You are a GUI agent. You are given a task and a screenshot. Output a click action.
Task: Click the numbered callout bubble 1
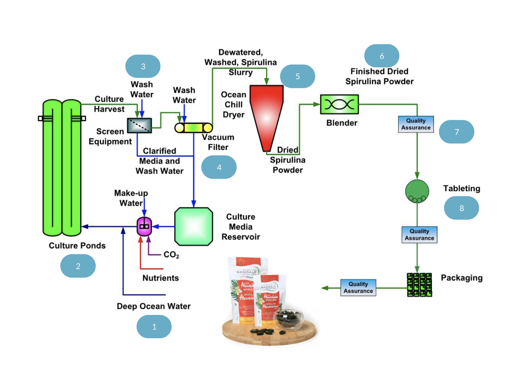click(154, 327)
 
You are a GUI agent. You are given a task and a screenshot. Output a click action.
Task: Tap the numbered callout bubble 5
click(298, 76)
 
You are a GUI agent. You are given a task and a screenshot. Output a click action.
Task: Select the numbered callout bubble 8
click(462, 208)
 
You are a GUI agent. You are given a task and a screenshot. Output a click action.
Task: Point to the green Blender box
click(339, 104)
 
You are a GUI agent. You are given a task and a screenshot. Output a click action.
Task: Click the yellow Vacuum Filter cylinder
click(194, 128)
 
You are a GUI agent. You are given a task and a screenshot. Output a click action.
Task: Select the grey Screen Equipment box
click(139, 125)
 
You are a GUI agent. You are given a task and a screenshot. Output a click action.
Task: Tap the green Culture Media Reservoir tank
click(194, 227)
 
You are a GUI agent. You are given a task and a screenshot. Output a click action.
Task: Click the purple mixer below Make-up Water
click(144, 226)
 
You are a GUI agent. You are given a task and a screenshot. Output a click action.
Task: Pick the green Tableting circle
click(417, 191)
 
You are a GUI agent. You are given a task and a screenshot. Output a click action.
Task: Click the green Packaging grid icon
click(419, 285)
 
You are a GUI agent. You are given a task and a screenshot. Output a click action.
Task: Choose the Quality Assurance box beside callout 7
click(416, 124)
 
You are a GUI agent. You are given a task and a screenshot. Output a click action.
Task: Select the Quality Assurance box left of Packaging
click(358, 288)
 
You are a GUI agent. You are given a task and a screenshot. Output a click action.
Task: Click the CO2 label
click(171, 255)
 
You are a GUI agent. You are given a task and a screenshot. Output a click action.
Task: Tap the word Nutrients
click(161, 278)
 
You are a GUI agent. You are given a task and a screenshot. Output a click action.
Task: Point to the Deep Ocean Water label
click(154, 306)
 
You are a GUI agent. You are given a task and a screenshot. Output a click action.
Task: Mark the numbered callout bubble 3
click(143, 66)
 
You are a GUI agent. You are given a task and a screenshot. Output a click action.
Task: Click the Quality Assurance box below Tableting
click(419, 235)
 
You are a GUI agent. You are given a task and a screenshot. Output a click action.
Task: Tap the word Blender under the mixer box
click(342, 123)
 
